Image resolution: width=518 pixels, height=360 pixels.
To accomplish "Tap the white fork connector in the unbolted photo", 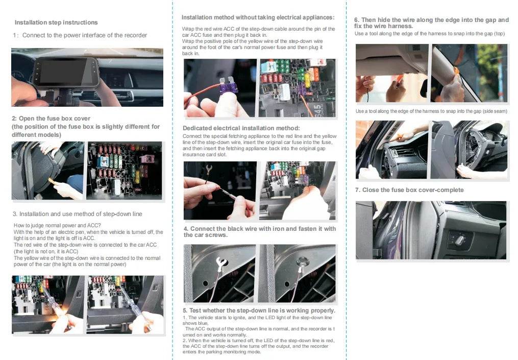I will point(220,263).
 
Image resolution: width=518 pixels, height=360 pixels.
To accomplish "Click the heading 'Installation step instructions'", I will point(56,22).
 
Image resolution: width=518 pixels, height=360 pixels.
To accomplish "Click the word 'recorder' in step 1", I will point(134,35).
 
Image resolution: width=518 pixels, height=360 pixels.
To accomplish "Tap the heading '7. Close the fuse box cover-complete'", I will point(409,190).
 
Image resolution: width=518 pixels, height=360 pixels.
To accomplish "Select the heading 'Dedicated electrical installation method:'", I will point(241,128).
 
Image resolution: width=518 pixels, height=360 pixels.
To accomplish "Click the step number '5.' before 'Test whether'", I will point(186,310).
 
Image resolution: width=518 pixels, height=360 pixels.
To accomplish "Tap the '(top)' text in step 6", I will point(499,34).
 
